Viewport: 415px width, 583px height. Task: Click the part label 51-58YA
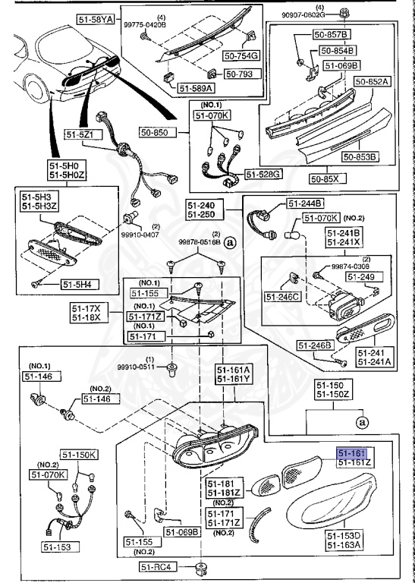pyautogui.click(x=95, y=17)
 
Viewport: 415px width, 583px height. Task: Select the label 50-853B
pyautogui.click(x=360, y=157)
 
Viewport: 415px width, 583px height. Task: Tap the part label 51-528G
pyautogui.click(x=266, y=174)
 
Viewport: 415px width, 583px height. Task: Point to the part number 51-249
pyautogui.click(x=361, y=278)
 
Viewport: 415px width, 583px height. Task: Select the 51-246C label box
pyautogui.click(x=283, y=295)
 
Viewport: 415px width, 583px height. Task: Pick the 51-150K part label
pyautogui.click(x=79, y=455)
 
